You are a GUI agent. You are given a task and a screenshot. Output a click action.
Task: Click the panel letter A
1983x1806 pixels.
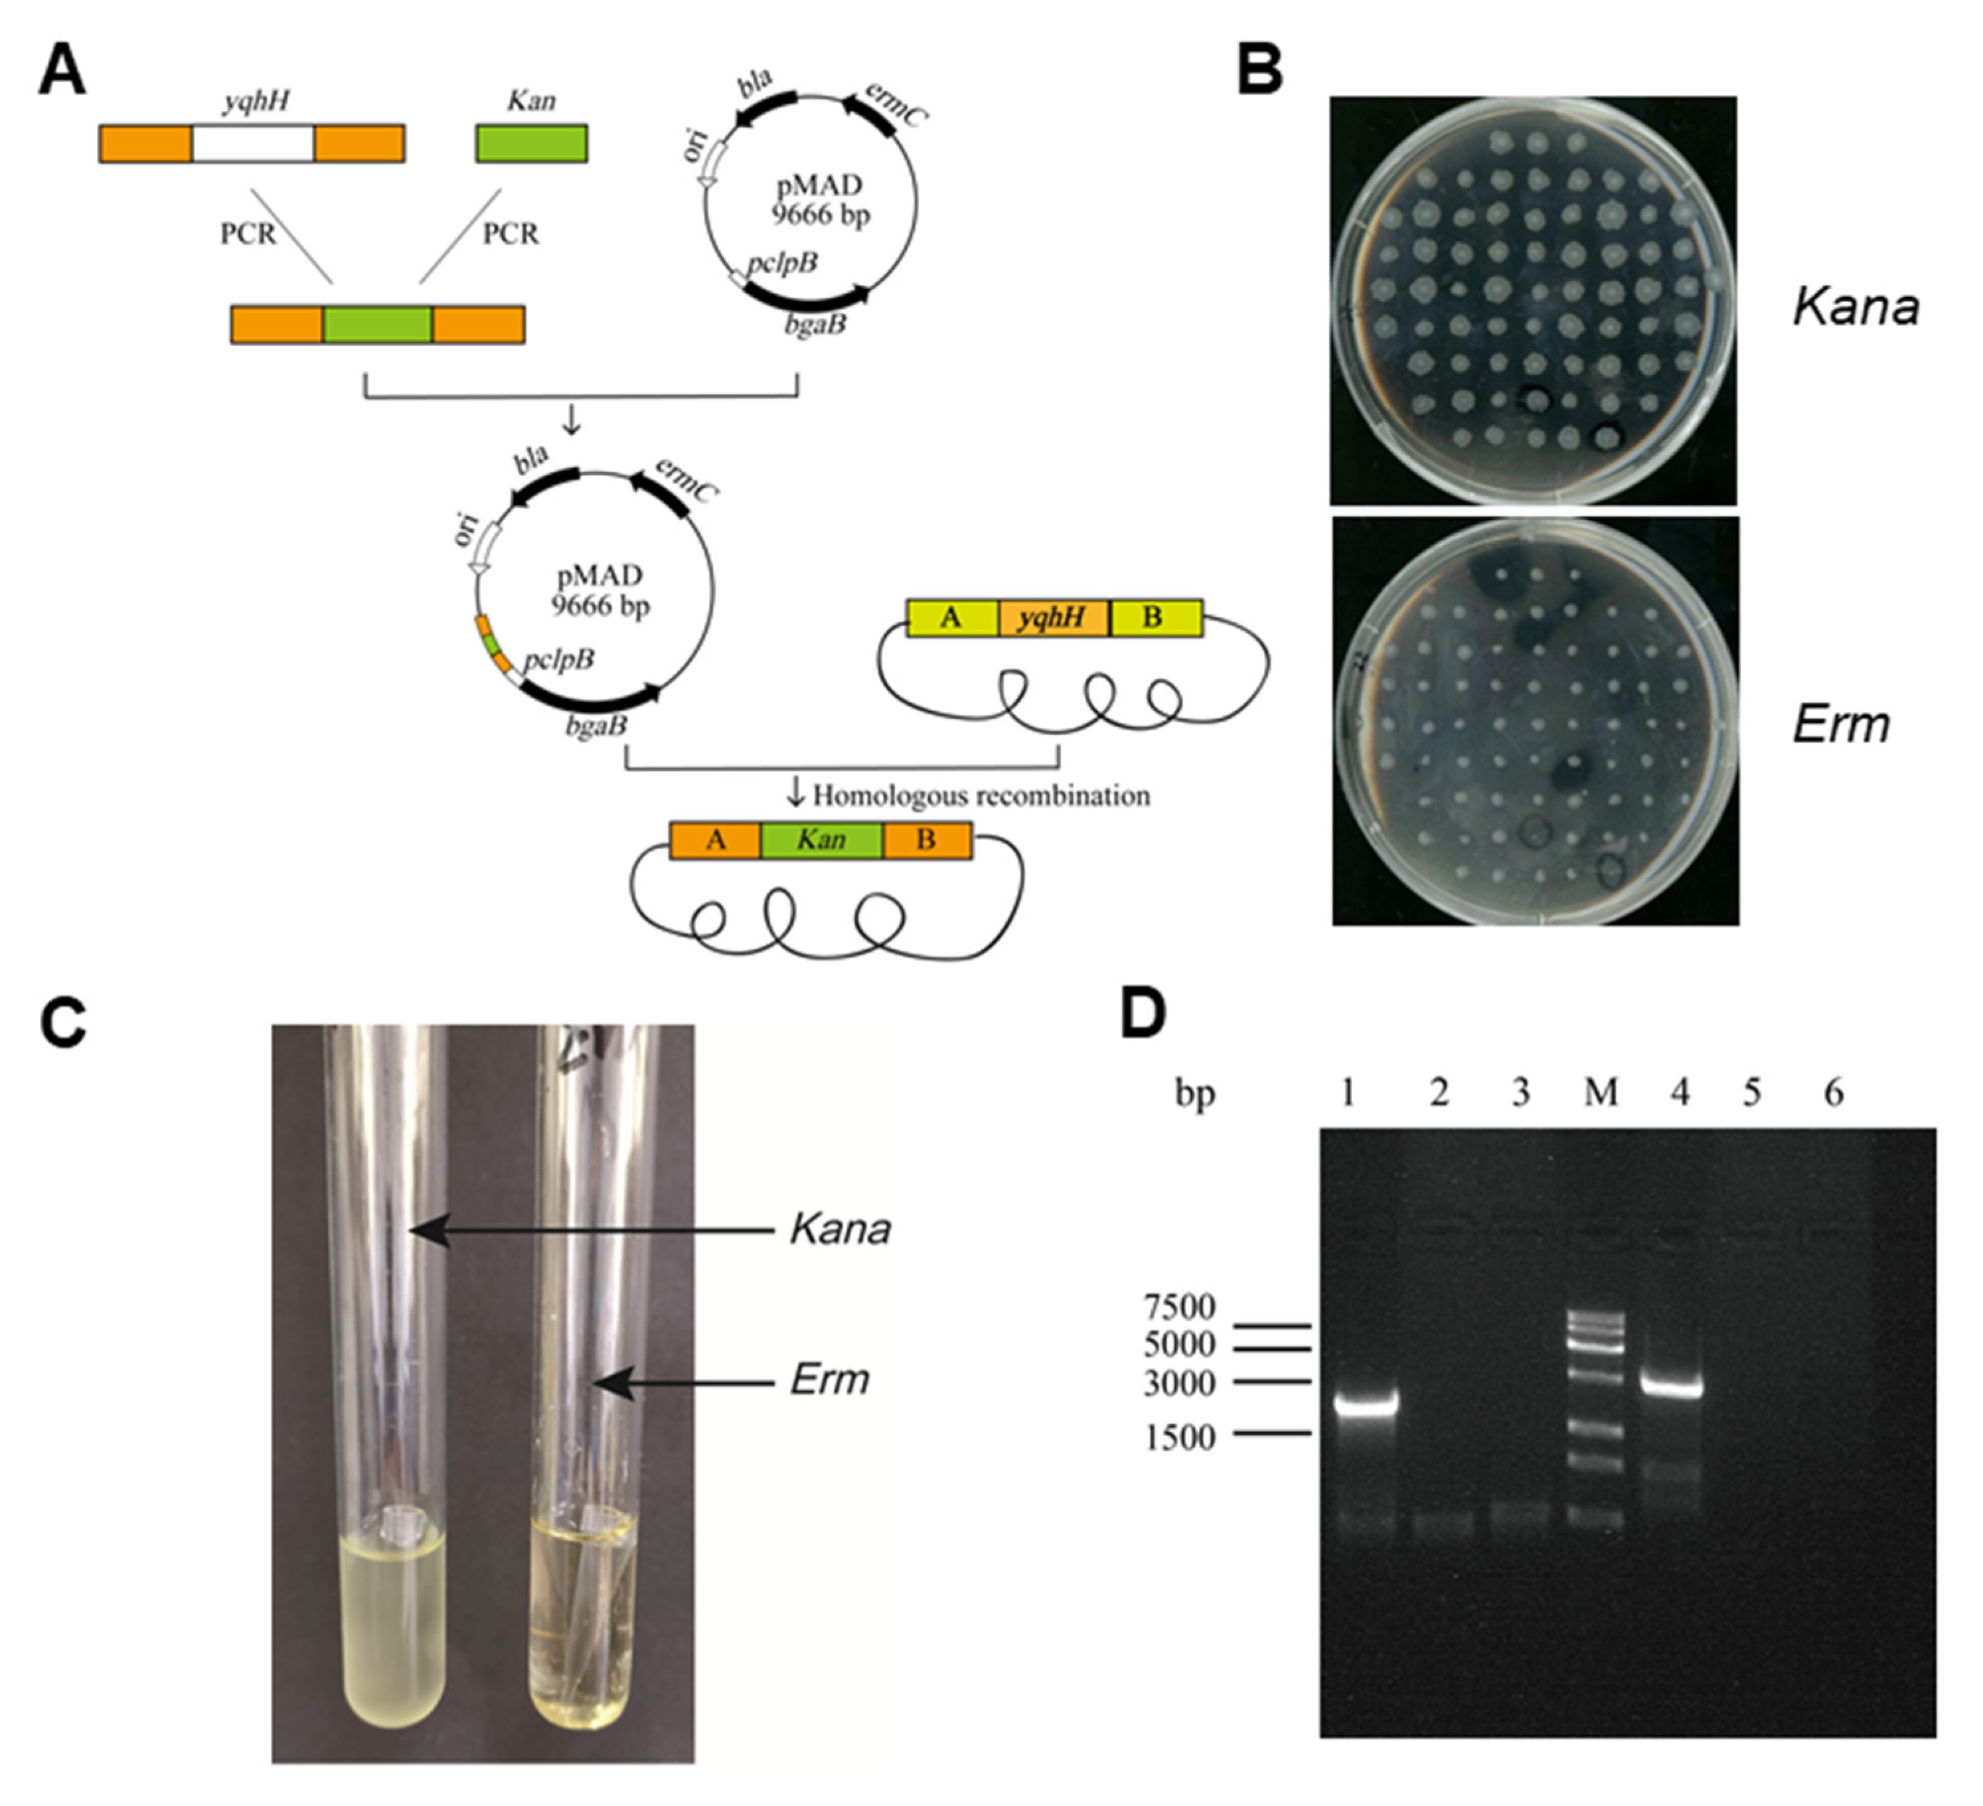click(61, 73)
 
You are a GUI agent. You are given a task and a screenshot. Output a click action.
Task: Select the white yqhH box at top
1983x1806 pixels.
click(253, 143)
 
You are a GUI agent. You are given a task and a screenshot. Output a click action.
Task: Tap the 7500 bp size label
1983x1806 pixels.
click(1179, 1307)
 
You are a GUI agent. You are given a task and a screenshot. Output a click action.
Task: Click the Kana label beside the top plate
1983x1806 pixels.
click(1855, 307)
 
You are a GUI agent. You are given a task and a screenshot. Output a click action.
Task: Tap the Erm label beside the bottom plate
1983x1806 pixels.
click(1840, 725)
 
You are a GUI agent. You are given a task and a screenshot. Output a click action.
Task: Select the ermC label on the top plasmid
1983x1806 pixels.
click(895, 106)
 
